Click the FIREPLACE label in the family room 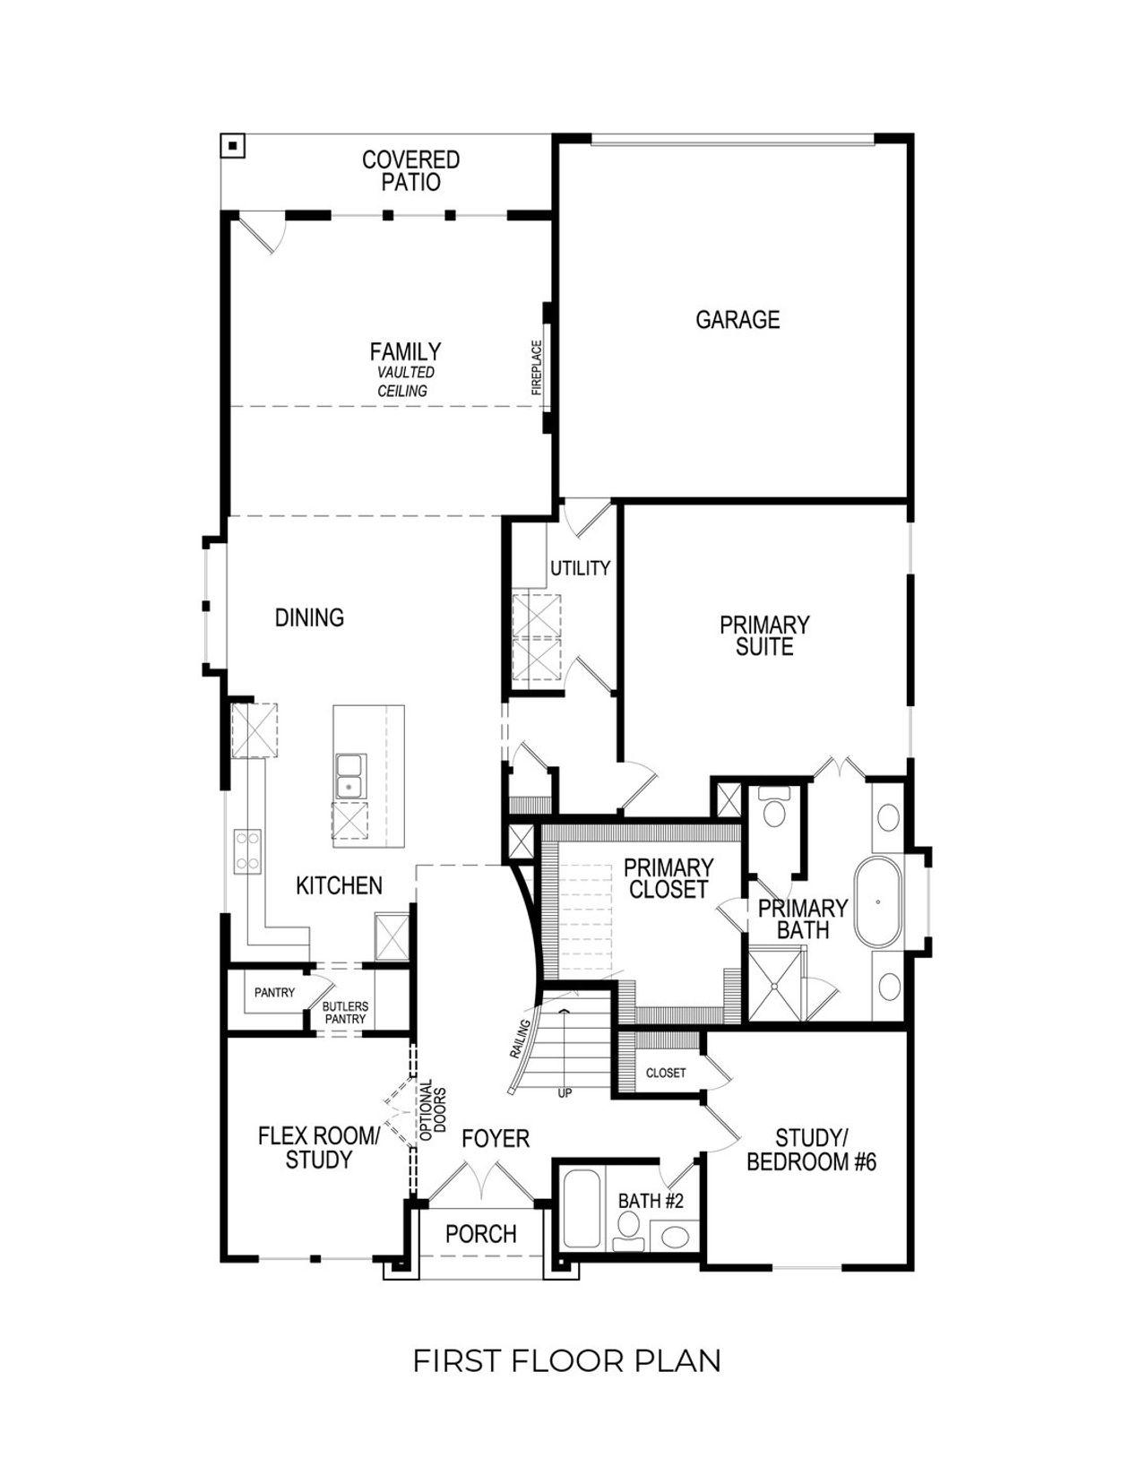[537, 367]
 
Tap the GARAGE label [737, 320]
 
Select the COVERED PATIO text [410, 171]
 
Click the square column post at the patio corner [233, 145]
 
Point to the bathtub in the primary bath [878, 901]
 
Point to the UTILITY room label [580, 568]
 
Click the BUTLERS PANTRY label [345, 1013]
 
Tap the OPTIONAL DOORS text [432, 1108]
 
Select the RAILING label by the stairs [521, 1039]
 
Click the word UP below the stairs [565, 1093]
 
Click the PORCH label [481, 1234]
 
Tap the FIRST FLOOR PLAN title [566, 1360]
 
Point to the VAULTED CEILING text [405, 382]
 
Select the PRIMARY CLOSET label [668, 878]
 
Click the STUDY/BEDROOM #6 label [811, 1150]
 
